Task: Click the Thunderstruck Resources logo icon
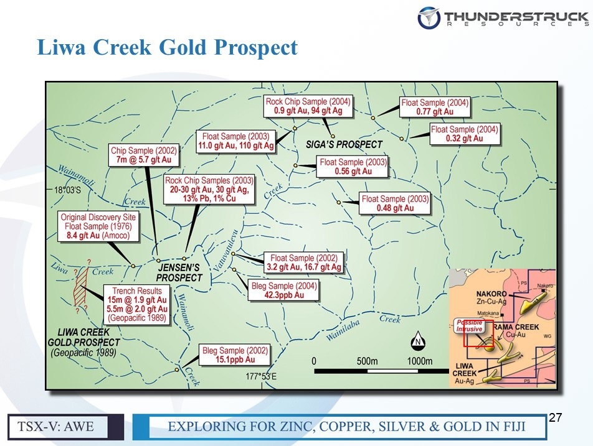(x=429, y=18)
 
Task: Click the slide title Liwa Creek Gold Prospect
(x=167, y=47)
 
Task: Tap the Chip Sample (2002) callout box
(x=144, y=156)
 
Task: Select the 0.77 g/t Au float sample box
(x=435, y=107)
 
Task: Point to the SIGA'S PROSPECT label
(x=344, y=145)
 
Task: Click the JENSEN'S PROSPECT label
(x=179, y=272)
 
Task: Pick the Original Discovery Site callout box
(x=98, y=226)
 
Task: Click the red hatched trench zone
(x=80, y=286)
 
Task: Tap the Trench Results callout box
(x=137, y=304)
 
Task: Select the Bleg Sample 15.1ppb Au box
(x=235, y=355)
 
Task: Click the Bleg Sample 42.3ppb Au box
(x=283, y=290)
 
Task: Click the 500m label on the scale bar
(x=367, y=361)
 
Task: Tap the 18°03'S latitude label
(x=68, y=190)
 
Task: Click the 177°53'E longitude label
(x=261, y=376)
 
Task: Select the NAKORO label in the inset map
(x=491, y=294)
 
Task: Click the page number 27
(x=555, y=417)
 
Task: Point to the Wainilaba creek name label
(x=343, y=330)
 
